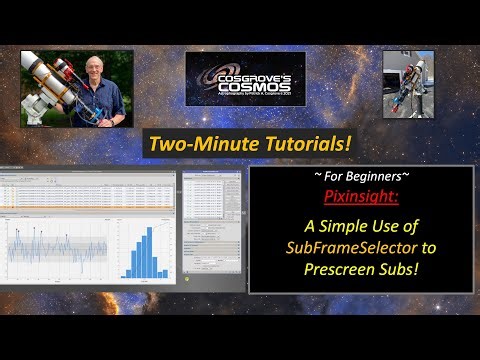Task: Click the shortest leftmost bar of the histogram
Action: click(124, 276)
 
